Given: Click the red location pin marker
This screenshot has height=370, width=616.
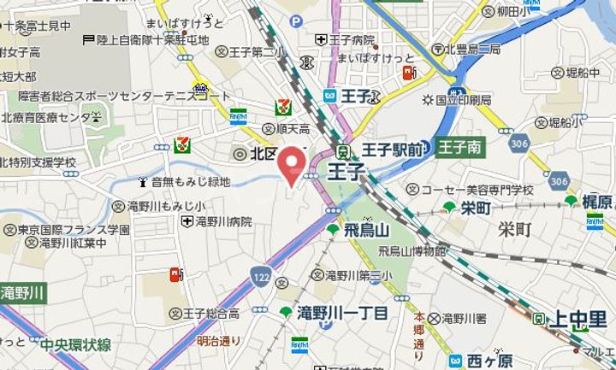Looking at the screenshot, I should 294,165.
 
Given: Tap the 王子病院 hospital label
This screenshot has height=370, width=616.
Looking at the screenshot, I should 352,39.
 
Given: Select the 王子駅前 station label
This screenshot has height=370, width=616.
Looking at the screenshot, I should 392,150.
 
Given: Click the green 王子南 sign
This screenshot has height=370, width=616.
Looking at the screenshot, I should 461,149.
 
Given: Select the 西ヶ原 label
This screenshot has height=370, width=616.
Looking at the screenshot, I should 489,361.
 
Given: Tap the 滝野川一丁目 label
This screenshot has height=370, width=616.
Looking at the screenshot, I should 341,313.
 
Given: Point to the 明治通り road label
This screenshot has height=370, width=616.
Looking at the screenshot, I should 219,340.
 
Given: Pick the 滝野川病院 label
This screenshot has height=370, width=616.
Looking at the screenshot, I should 223,222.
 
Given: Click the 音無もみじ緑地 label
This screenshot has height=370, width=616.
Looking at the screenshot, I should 190,182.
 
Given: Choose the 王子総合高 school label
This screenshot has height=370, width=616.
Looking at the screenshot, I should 225,313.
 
